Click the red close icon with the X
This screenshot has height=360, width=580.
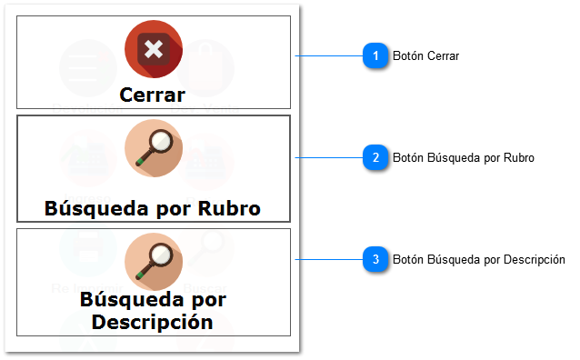click(x=154, y=48)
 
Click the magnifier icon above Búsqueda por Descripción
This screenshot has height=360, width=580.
click(x=154, y=262)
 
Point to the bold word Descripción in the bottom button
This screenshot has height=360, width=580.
click(x=153, y=321)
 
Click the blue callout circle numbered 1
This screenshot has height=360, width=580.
click(x=375, y=55)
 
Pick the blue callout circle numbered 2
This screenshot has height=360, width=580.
click(x=375, y=157)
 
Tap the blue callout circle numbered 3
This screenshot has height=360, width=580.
click(x=375, y=260)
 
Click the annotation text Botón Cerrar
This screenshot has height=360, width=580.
click(x=425, y=56)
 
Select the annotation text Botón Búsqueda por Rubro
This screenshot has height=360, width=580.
click(x=463, y=158)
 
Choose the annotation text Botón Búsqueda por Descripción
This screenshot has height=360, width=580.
click(x=478, y=260)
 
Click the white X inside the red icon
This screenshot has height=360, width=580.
click(x=154, y=48)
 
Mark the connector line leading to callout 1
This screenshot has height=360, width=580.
click(x=329, y=55)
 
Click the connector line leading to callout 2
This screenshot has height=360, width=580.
click(x=329, y=157)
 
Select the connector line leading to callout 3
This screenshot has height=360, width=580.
click(x=329, y=260)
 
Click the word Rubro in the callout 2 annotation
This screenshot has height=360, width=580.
click(x=519, y=158)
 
